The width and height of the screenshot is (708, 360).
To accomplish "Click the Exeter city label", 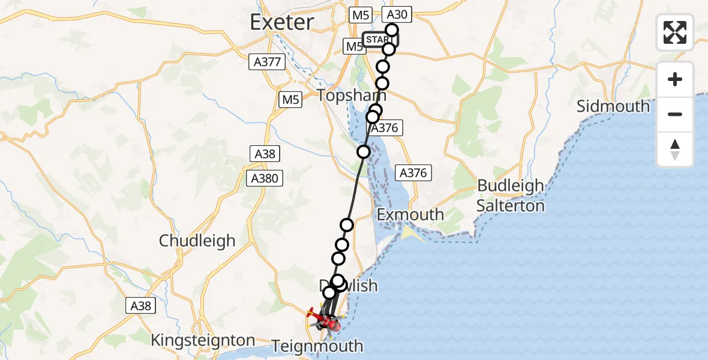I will [x=281, y=22].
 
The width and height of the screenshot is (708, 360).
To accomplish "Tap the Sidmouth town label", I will [x=613, y=106].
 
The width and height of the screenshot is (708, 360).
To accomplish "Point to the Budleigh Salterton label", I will [x=511, y=196].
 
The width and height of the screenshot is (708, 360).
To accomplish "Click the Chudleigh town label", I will [x=197, y=241].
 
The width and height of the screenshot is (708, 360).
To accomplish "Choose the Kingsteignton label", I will [x=203, y=340].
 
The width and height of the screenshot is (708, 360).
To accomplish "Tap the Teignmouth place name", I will [x=317, y=346].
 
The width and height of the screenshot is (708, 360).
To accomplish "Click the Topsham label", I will [x=351, y=95].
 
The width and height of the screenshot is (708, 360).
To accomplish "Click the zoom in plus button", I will [x=675, y=79].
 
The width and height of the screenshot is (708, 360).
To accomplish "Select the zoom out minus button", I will [x=675, y=114].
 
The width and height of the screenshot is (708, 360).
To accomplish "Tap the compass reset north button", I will [x=675, y=149].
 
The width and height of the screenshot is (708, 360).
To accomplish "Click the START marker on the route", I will [x=379, y=40].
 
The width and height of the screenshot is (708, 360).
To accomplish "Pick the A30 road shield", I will [x=395, y=15].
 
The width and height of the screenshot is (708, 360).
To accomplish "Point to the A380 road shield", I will [x=265, y=178].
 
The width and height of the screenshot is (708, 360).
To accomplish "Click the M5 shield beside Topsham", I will [x=291, y=100].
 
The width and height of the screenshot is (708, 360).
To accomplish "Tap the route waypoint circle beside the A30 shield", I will [x=392, y=30].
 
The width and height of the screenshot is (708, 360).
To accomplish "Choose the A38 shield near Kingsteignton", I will [x=142, y=306].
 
